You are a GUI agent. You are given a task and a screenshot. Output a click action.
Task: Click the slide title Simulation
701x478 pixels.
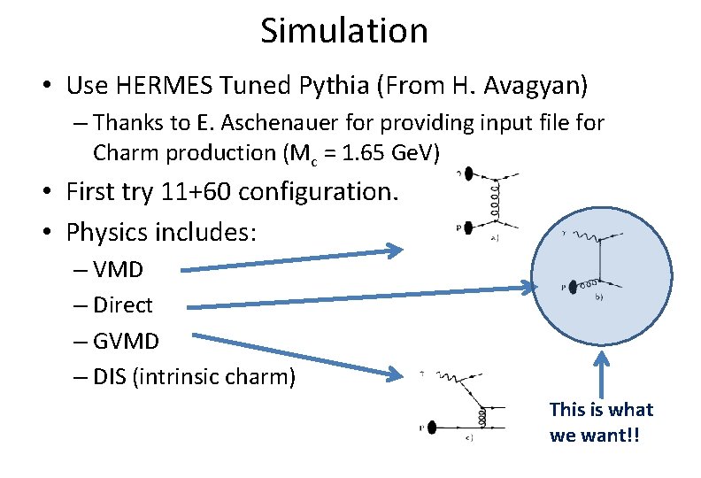click(344, 31)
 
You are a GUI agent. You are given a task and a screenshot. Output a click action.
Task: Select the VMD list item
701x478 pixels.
click(123, 268)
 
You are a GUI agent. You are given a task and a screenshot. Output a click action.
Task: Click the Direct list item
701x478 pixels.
click(122, 305)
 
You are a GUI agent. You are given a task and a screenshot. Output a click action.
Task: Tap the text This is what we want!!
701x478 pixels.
click(600, 422)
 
